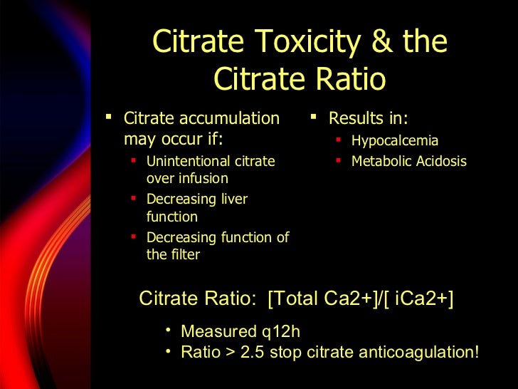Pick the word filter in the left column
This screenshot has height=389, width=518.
[x=184, y=254]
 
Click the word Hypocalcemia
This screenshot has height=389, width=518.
[x=395, y=141]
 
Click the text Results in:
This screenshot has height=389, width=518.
[x=368, y=118]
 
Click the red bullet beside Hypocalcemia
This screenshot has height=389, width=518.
[x=339, y=139]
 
